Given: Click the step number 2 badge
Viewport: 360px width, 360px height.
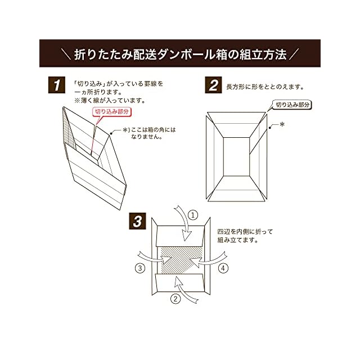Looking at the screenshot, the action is click(x=213, y=86).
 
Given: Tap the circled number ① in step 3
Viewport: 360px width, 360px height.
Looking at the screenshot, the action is click(x=193, y=215).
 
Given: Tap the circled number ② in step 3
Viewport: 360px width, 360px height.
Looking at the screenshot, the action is click(x=175, y=298).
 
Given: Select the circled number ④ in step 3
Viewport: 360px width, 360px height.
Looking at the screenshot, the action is click(x=223, y=268).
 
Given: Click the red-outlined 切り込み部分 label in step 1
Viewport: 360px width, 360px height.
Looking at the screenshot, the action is click(x=111, y=112).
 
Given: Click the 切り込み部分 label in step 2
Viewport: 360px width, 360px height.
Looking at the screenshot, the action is click(x=292, y=105).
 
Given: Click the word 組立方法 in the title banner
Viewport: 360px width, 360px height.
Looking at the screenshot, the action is click(x=263, y=55).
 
